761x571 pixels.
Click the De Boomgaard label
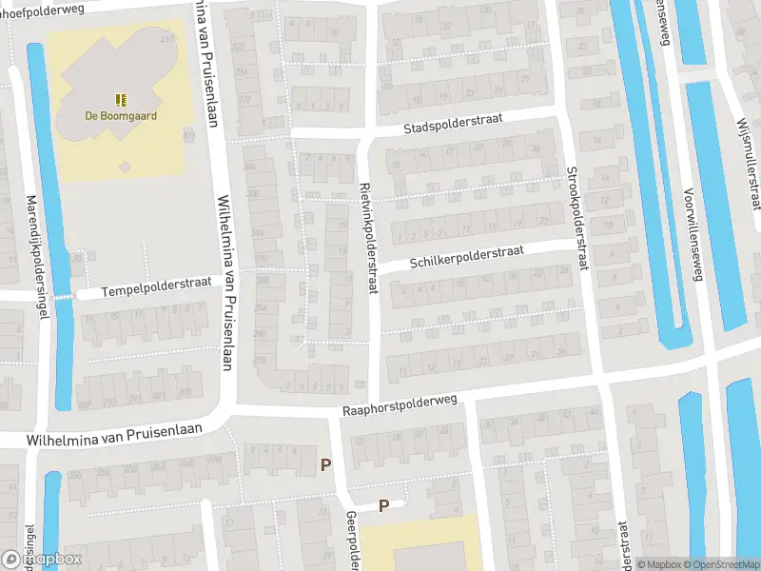(x=121, y=116)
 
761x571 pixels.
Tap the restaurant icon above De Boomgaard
(x=121, y=99)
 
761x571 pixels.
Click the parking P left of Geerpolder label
(x=326, y=465)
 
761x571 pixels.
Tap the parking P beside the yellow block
(x=384, y=506)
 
